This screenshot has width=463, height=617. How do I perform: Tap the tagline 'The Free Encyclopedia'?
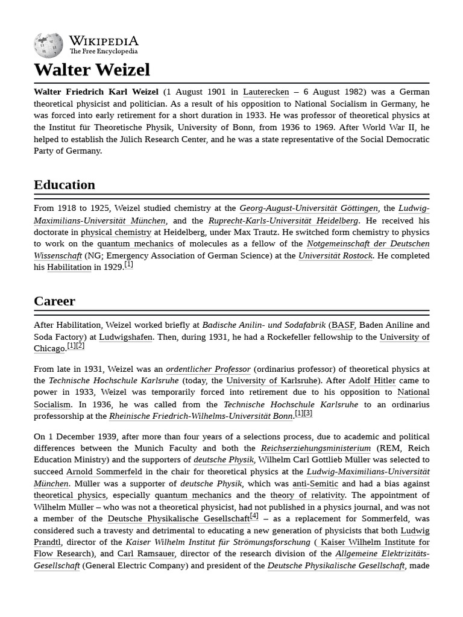103,52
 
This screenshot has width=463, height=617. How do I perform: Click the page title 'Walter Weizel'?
92,70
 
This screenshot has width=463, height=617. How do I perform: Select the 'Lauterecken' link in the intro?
266,92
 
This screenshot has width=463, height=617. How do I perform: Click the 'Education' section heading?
65,185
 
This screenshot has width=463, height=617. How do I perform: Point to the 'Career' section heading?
54,301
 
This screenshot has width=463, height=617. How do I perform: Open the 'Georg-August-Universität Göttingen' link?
309,208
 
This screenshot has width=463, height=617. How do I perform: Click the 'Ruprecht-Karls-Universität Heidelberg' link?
283,221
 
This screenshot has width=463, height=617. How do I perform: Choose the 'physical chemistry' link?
116,232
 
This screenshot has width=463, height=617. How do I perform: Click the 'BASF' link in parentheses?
342,325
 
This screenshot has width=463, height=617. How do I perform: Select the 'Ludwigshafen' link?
125,337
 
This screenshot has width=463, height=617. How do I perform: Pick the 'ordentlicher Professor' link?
208,369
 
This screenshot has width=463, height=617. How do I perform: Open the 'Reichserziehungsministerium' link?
315,448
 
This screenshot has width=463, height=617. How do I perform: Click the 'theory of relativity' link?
307,495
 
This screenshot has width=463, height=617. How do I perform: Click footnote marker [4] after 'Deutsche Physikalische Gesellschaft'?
254,516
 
